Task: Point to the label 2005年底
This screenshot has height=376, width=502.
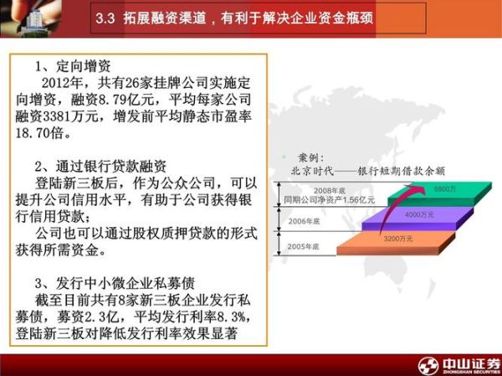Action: (305, 246)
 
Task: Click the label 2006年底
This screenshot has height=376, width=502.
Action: (305, 221)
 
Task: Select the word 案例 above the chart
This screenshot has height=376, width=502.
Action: (310, 157)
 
